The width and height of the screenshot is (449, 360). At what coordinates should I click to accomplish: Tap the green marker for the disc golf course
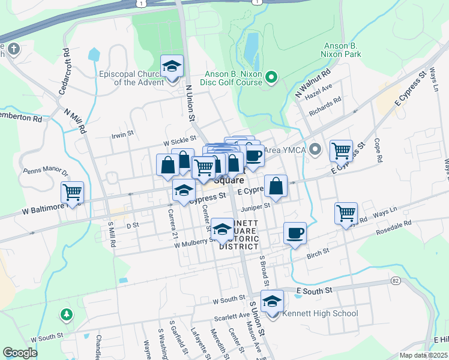(271, 76)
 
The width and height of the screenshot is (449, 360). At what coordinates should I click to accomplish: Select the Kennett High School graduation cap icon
(272, 301)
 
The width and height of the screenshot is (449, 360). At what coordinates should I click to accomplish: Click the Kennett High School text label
(319, 313)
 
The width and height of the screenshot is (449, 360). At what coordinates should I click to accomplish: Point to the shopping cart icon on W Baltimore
(73, 193)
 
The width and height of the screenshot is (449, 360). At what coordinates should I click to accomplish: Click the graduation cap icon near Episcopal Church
(172, 66)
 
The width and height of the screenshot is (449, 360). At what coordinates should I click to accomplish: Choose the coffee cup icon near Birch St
(295, 233)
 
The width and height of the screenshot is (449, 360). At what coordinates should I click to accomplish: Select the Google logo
(20, 352)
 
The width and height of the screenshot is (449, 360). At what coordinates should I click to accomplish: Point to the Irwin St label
(122, 135)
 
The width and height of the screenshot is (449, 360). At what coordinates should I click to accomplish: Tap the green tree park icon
(66, 314)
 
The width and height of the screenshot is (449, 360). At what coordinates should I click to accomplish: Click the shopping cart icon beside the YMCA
(341, 151)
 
